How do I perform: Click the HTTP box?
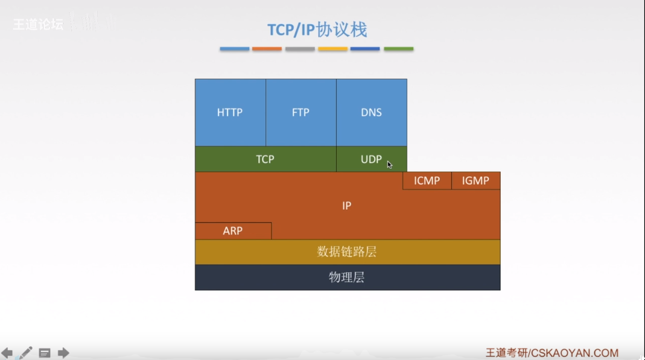(x=230, y=113)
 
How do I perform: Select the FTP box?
(x=300, y=113)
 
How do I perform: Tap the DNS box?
(x=371, y=113)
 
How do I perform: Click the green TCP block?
(x=265, y=159)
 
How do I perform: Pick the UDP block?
(x=370, y=159)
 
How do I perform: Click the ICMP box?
(x=427, y=180)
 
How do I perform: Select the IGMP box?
(x=475, y=180)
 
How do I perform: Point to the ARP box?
(x=233, y=231)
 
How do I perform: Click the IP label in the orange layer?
(x=346, y=206)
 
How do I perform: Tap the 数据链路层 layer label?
(x=346, y=251)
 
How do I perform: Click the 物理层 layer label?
(x=346, y=277)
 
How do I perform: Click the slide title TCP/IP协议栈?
(x=317, y=30)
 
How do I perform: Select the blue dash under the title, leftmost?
(x=235, y=49)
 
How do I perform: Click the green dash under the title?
(x=398, y=49)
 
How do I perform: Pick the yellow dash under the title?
(x=332, y=49)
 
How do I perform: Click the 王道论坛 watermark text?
(x=38, y=25)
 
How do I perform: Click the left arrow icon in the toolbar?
(x=7, y=353)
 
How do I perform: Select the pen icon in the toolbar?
(x=25, y=353)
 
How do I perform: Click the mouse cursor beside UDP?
(x=390, y=165)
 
